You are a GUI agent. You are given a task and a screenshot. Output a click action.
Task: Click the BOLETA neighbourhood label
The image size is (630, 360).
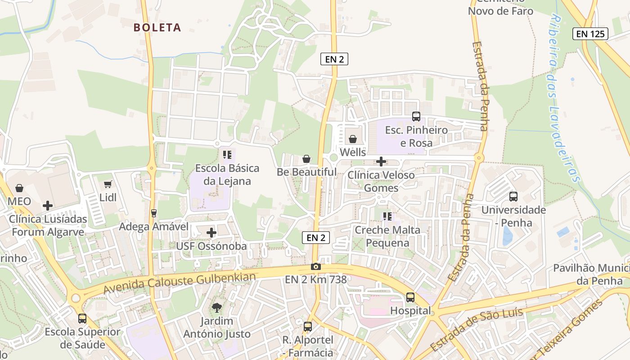click(157, 27)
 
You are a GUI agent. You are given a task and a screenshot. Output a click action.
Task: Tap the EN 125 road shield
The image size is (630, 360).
click(590, 34)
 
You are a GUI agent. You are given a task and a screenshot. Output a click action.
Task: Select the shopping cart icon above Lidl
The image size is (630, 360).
click(108, 184)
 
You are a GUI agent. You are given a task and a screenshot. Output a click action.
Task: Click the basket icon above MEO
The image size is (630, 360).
click(19, 188)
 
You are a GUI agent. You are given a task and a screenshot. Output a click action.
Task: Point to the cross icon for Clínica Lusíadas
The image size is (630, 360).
click(48, 206)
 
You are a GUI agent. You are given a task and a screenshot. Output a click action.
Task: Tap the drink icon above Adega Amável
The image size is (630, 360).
click(154, 213)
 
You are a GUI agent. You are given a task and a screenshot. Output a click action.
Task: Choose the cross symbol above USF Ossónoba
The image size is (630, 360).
click(211, 233)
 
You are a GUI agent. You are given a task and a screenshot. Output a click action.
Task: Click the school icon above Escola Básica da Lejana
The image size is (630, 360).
click(227, 155)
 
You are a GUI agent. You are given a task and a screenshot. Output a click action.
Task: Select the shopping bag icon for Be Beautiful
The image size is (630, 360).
click(306, 159)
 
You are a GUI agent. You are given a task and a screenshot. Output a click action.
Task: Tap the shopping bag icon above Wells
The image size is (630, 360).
click(353, 139)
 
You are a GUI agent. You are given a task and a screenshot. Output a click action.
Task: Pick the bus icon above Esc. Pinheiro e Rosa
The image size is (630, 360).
click(416, 117)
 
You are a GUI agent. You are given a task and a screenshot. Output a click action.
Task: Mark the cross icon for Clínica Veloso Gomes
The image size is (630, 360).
click(381, 162)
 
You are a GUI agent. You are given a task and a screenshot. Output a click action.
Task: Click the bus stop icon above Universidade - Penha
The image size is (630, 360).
click(513, 197)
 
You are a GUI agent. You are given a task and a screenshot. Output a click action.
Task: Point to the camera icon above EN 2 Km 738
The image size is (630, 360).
click(316, 266)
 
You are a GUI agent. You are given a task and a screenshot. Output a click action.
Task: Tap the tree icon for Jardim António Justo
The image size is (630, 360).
click(217, 308)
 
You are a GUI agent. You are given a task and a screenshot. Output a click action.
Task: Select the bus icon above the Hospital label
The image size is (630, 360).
click(410, 297)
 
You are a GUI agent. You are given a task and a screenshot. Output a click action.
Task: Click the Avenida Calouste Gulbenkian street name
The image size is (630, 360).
click(180, 283)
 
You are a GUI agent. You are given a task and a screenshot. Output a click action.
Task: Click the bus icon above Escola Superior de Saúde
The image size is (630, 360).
click(82, 319)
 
